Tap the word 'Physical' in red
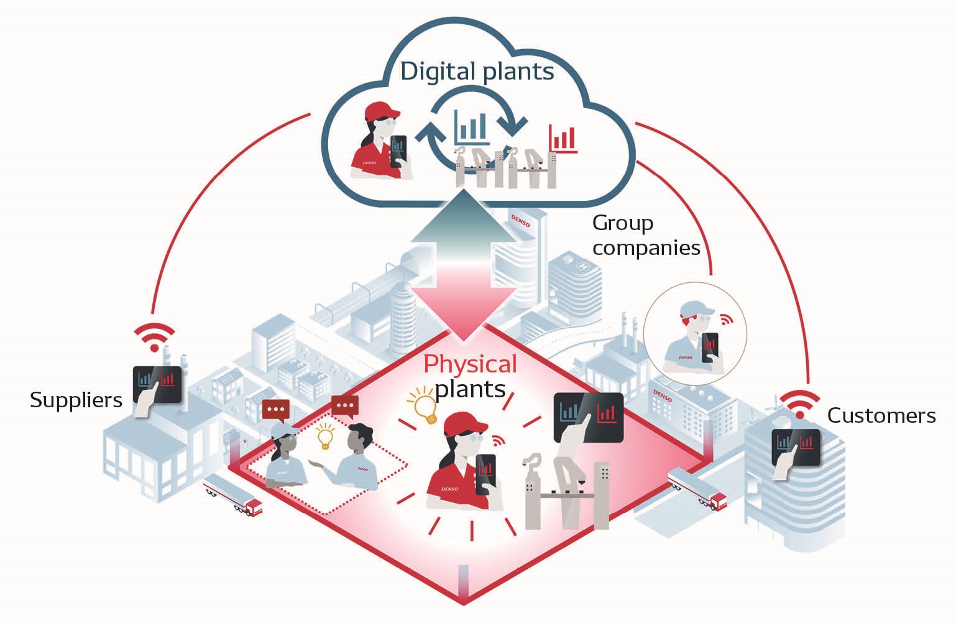[x=470, y=364]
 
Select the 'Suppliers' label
[x=76, y=400]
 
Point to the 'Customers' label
[x=881, y=415]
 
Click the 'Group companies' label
[x=646, y=236]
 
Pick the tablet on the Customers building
[x=796, y=448]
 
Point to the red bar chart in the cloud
[x=563, y=138]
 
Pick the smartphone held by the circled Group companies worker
[x=709, y=347]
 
